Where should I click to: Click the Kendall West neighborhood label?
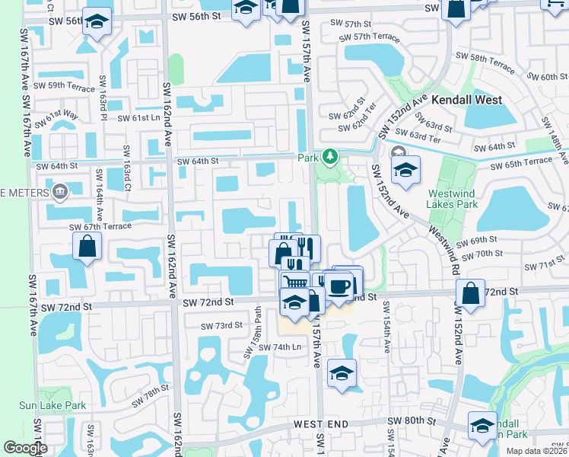[467, 100]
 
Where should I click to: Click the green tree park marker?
[329, 157]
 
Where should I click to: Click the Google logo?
[25, 448]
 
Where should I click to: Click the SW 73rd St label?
[221, 325]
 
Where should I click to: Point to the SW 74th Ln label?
[280, 347]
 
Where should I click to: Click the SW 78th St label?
[150, 395]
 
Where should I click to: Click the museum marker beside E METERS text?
[59, 190]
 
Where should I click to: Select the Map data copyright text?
[536, 451]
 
